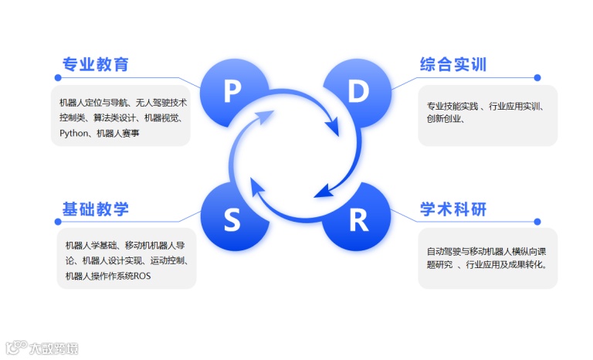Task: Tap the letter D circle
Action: click(358, 92)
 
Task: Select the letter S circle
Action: click(232, 221)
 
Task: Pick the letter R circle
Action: click(358, 221)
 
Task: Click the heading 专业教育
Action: click(96, 64)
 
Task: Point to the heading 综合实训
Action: click(453, 64)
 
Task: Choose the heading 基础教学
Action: click(96, 209)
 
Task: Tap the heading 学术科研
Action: click(453, 209)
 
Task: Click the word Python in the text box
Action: click(75, 133)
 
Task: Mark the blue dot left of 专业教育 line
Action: click(57, 77)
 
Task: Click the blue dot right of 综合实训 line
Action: click(537, 77)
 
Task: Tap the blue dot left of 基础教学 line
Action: click(57, 222)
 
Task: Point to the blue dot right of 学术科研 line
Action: click(537, 222)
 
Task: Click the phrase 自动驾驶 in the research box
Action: click(442, 251)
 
